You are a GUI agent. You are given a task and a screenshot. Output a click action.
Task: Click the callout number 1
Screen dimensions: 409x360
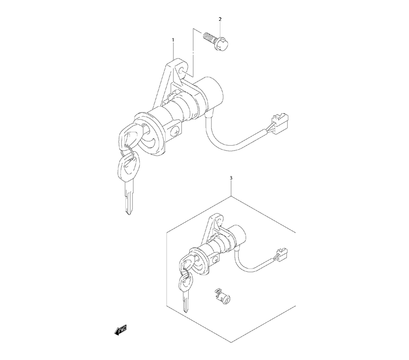[x=173, y=40]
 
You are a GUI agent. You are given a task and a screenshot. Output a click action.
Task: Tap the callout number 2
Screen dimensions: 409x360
[x=220, y=19]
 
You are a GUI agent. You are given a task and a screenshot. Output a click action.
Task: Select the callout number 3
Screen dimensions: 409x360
[x=231, y=178]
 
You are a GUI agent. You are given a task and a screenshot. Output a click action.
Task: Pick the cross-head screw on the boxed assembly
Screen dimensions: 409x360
[x=216, y=259]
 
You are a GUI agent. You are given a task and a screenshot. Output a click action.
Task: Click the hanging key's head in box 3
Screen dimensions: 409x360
[x=186, y=281]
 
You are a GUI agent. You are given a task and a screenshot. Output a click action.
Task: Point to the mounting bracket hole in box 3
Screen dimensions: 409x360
[x=218, y=221]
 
